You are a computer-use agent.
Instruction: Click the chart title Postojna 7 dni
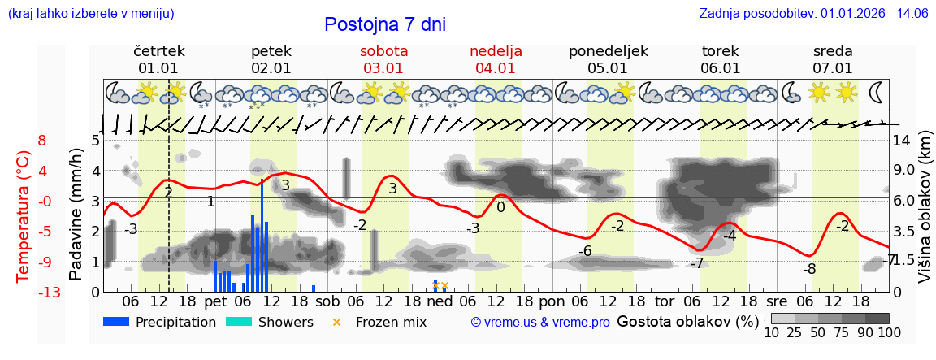tap(384, 24)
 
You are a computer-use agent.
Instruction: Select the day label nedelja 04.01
tap(496, 59)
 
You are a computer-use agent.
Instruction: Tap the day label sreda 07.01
tap(833, 59)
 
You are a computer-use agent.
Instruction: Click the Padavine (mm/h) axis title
tap(76, 215)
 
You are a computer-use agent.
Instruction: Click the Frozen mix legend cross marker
tap(337, 322)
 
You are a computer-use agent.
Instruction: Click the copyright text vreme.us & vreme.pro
tap(540, 323)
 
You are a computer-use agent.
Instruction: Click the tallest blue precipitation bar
tap(262, 236)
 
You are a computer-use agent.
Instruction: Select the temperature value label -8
tap(809, 269)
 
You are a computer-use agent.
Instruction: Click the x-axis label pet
tap(215, 301)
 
